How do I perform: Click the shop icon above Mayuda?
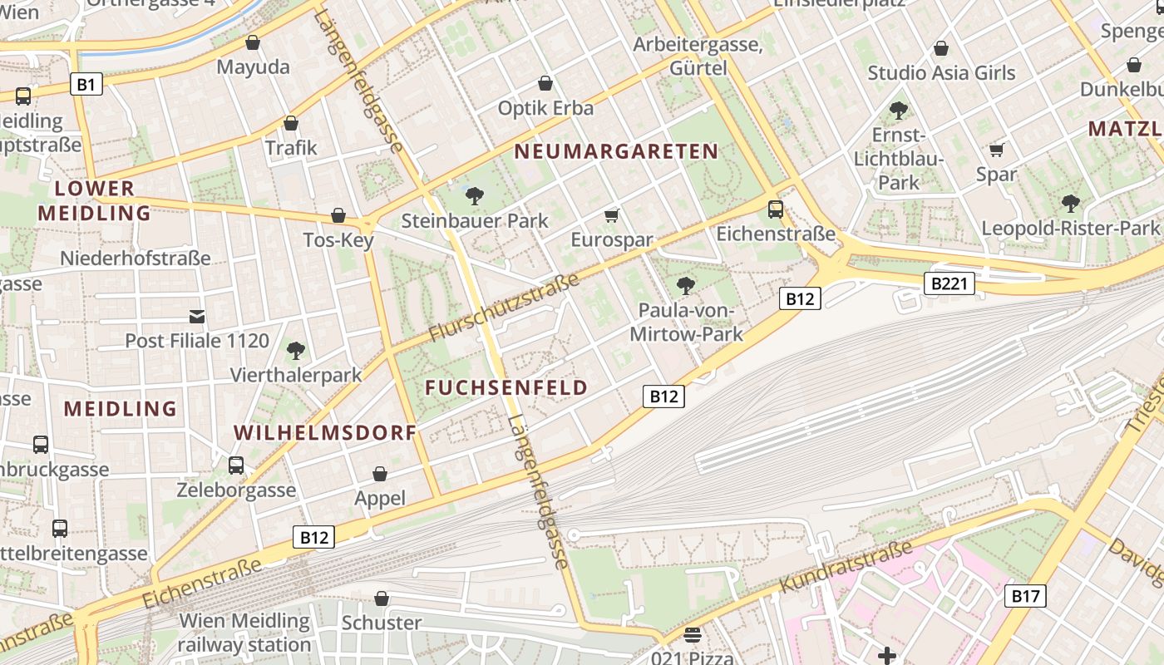pyautogui.click(x=253, y=42)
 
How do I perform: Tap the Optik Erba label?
pyautogui.click(x=545, y=108)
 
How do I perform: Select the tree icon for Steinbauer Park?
pyautogui.click(x=475, y=196)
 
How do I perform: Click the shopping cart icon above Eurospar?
pyautogui.click(x=612, y=216)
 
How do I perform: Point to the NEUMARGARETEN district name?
pyautogui.click(x=616, y=151)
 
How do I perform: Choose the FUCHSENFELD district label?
pyautogui.click(x=506, y=387)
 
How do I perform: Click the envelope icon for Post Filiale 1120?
pyautogui.click(x=197, y=316)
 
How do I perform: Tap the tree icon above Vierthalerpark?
pyautogui.click(x=295, y=351)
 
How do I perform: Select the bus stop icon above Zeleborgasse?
pyautogui.click(x=236, y=465)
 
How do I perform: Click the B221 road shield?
pyautogui.click(x=949, y=284)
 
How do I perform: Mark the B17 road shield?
pyautogui.click(x=1025, y=595)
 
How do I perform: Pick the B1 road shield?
pyautogui.click(x=86, y=84)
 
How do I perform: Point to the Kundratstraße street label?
pyautogui.click(x=846, y=567)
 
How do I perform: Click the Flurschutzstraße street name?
pyautogui.click(x=504, y=307)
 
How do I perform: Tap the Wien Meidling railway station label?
pyautogui.click(x=244, y=633)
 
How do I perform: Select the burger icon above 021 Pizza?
pyautogui.click(x=693, y=636)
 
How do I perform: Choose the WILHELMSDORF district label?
pyautogui.click(x=325, y=433)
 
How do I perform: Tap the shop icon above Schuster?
pyautogui.click(x=382, y=598)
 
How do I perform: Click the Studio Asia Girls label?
pyautogui.click(x=941, y=73)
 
